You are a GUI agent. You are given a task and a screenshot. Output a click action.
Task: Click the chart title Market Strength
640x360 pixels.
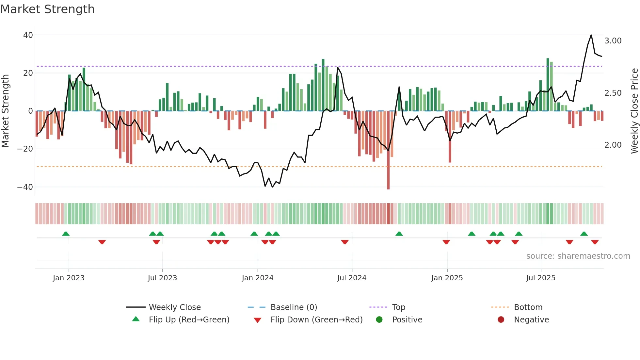47,9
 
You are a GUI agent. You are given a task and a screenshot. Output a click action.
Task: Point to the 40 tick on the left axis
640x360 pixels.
28,35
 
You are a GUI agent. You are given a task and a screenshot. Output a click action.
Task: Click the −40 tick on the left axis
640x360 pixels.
25,187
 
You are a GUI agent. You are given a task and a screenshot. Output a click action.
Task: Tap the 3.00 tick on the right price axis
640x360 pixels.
613,41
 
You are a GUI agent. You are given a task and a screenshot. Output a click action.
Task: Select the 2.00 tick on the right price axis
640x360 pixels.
613,145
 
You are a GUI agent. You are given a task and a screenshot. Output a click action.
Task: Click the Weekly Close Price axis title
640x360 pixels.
634,111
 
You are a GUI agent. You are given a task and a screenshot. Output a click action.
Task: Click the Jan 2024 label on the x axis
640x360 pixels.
258,278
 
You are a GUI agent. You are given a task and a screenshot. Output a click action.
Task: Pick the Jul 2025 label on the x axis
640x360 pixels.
541,278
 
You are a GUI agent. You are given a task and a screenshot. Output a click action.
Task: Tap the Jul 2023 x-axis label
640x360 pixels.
162,278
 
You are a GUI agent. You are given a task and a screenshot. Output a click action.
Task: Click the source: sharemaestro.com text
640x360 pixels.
578,256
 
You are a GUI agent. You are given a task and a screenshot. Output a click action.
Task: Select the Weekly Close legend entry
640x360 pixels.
175,307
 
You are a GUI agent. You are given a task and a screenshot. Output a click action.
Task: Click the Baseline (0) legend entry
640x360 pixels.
294,307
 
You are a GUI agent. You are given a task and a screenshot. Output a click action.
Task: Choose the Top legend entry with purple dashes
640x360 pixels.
398,307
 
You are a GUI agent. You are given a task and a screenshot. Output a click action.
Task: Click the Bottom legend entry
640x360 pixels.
528,307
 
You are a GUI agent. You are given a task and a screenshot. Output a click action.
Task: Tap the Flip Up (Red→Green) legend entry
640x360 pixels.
189,320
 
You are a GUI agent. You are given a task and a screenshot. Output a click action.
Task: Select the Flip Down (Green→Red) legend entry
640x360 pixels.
316,320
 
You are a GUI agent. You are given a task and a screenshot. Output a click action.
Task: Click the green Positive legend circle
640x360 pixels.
379,320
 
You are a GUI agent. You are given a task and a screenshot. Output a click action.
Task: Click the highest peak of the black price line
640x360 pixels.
591,35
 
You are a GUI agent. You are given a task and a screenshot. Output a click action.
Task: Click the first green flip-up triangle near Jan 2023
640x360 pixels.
66,234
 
